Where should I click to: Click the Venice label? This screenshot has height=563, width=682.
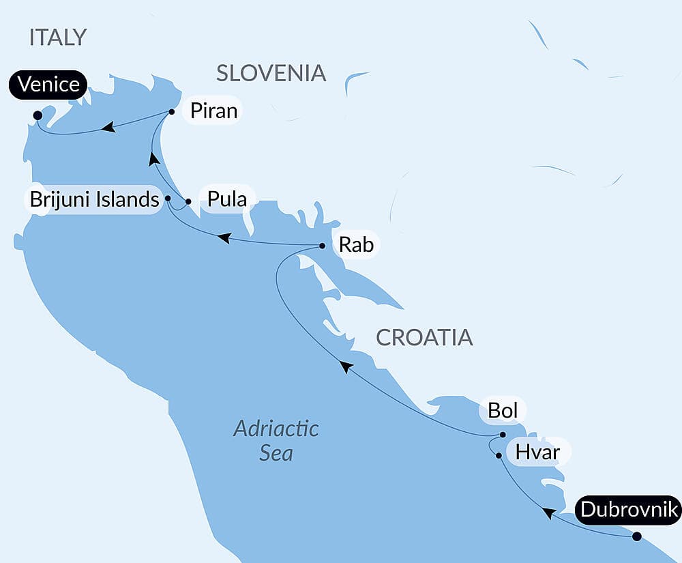pyautogui.click(x=48, y=85)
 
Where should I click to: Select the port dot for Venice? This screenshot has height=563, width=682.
pyautogui.click(x=37, y=115)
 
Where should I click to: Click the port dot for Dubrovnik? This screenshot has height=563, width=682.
pyautogui.click(x=636, y=536)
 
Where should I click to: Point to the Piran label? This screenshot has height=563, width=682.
pyautogui.click(x=213, y=111)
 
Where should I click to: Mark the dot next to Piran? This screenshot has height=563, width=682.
pyautogui.click(x=171, y=112)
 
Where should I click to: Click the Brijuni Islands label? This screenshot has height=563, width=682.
pyautogui.click(x=93, y=201)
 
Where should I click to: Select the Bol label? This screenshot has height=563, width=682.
pyautogui.click(x=503, y=411)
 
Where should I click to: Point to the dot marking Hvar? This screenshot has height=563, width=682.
pyautogui.click(x=499, y=455)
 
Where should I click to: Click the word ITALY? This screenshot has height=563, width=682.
pyautogui.click(x=58, y=38)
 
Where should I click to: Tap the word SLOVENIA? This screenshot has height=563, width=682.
pyautogui.click(x=271, y=73)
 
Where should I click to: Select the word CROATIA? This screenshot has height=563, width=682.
pyautogui.click(x=424, y=337)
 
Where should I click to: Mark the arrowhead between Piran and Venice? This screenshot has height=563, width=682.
pyautogui.click(x=107, y=127)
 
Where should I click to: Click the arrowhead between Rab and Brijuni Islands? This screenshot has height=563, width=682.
pyautogui.click(x=223, y=238)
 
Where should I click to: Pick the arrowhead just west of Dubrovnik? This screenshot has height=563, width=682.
pyautogui.click(x=546, y=512)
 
